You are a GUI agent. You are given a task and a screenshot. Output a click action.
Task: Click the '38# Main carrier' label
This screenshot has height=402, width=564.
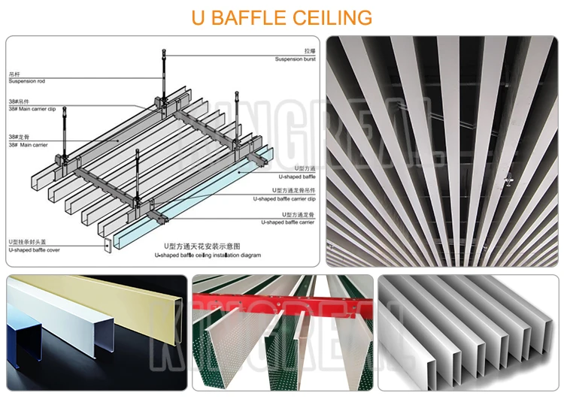coord(28,144)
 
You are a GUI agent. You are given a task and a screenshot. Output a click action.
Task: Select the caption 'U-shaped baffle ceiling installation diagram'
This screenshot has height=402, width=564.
coord(208,255)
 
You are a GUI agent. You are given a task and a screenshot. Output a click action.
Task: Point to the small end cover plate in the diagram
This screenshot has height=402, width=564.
coord(108,245)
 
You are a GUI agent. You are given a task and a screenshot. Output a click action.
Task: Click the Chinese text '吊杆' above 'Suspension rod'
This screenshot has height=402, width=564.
coord(14,73)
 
